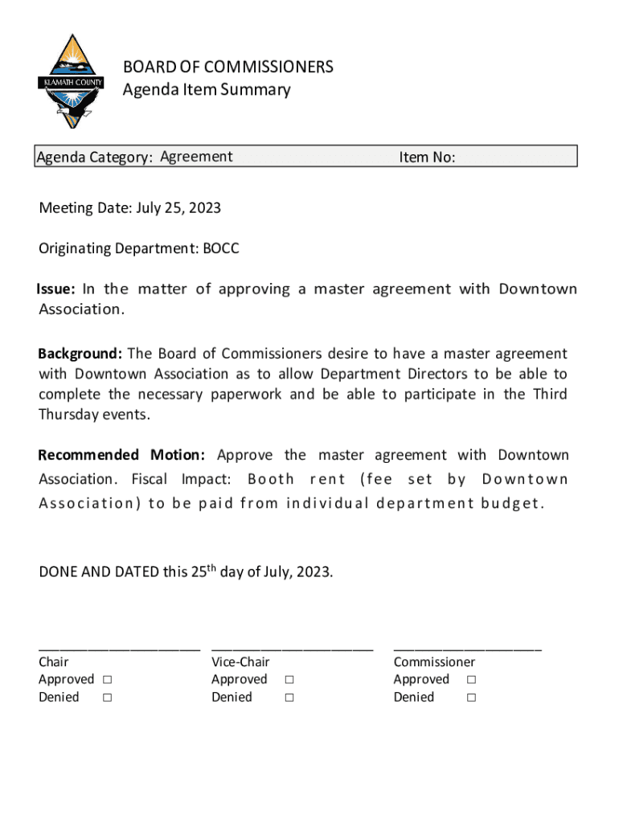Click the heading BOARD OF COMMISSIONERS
228,67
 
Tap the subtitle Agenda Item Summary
207,89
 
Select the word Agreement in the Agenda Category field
196,157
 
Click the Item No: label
427,158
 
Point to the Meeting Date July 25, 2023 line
130,209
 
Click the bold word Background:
80,354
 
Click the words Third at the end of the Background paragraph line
549,395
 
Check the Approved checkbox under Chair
107,680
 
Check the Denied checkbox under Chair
107,698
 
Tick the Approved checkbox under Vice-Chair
289,680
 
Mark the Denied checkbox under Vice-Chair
289,698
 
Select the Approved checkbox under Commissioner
471,680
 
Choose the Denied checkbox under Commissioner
471,698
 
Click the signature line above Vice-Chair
292,648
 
